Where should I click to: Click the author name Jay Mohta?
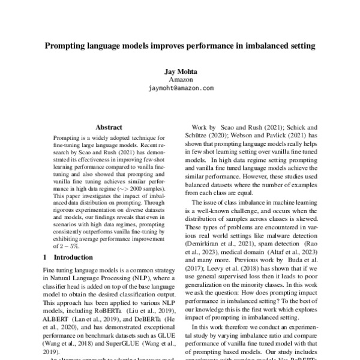[x=180, y=71]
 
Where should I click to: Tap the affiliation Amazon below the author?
[x=180, y=79]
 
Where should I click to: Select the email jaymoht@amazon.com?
[x=180, y=88]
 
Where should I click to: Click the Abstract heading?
[x=109, y=127]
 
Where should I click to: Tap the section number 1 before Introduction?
[x=47, y=273]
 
